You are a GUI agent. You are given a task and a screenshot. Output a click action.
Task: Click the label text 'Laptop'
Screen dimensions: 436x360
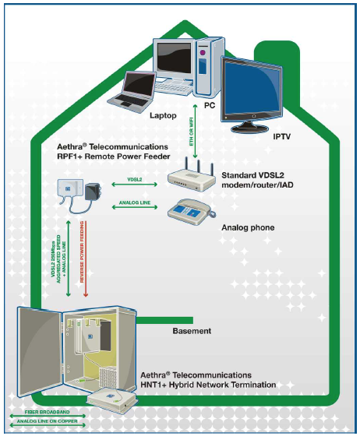pyautogui.click(x=164, y=114)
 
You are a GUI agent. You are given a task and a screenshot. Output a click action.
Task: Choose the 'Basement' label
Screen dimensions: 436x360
pyautogui.click(x=191, y=331)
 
